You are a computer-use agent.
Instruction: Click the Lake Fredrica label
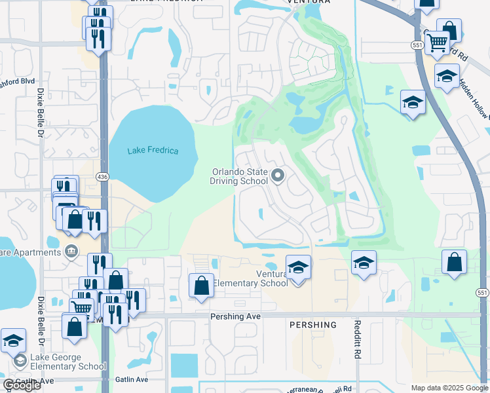pos(153,151)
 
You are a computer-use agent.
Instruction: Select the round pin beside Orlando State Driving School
pos(278,175)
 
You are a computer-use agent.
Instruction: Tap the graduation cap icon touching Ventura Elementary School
pos(298,267)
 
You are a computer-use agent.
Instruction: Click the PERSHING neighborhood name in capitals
pos(312,325)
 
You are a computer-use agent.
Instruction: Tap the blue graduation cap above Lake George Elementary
pos(13,341)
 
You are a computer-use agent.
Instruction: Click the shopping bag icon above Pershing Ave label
pos(201,286)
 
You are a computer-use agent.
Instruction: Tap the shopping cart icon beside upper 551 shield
pos(437,44)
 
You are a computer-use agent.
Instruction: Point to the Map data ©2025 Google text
pos(449,388)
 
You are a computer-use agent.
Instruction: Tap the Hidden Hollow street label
pos(474,99)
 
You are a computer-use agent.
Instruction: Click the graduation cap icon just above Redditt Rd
pos(364,263)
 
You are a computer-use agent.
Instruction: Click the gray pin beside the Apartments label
pos(71,251)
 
